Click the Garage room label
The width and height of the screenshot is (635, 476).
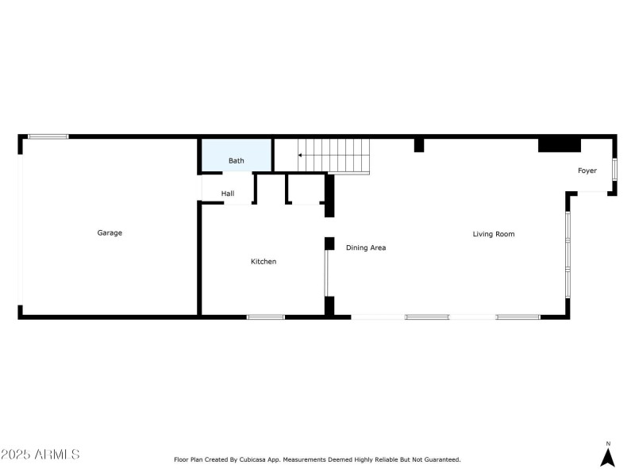pos(110,232)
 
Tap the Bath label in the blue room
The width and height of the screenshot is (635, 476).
pos(237,161)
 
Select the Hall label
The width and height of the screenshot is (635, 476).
pos(228,193)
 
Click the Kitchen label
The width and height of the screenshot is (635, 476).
pos(264,261)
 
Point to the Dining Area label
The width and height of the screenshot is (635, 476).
pos(366,248)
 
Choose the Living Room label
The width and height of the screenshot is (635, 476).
pos(494,234)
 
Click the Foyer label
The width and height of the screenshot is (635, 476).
pos(587,171)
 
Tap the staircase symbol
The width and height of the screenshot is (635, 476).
pos(333,155)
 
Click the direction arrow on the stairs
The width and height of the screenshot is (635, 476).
pos(301,155)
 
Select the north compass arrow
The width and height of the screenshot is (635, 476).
pos(608,458)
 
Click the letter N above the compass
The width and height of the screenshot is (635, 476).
pos(608,443)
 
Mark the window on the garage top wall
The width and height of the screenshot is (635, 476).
pos(48,137)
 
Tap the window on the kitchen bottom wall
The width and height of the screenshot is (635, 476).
pos(265,317)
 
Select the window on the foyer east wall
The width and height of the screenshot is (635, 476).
pos(614,170)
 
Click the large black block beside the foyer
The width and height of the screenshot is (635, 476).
pos(560,144)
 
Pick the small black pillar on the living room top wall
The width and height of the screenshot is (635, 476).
pos(419,145)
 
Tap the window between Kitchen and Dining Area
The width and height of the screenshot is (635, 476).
pos(326,273)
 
